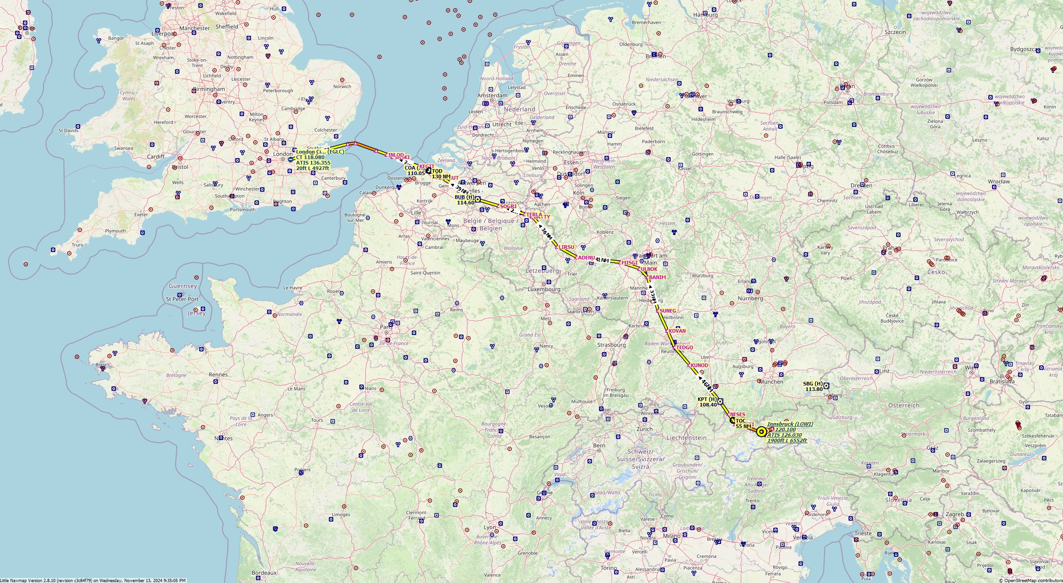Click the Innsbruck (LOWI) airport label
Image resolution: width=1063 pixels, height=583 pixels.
point(790,424)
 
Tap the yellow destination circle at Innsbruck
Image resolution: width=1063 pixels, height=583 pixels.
point(761,432)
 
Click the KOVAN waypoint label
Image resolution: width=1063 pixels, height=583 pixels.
point(677,331)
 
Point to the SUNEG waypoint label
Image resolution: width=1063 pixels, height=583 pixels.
point(667,311)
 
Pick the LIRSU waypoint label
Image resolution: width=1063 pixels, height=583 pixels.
point(566,247)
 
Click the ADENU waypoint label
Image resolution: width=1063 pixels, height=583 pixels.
point(586,258)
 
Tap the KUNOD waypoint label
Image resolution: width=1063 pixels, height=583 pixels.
point(699,365)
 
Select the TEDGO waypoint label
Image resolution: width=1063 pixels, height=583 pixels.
point(684,347)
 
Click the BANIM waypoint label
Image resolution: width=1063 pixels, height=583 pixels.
point(657,277)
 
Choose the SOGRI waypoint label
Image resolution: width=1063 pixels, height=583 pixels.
point(508,206)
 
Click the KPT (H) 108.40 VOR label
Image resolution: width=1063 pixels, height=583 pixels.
point(707,402)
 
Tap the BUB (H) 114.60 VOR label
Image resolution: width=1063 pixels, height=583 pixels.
point(464,200)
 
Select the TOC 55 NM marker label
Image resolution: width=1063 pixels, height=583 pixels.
point(743,423)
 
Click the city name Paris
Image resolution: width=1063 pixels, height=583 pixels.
point(386,327)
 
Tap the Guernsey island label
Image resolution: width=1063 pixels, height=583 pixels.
point(182,286)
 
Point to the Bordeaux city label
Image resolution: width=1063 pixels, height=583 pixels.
point(264,572)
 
